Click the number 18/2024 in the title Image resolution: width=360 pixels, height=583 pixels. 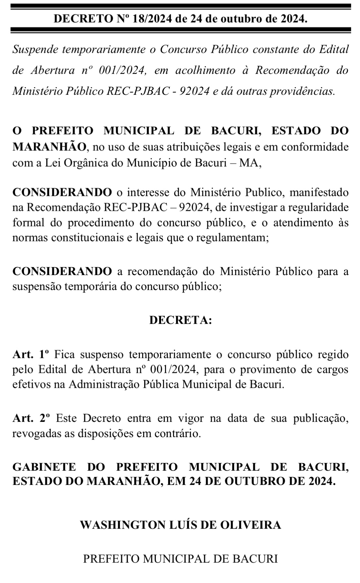(151, 19)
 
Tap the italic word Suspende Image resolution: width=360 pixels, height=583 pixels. (35, 50)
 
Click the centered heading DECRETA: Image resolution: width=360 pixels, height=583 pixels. (180, 320)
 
